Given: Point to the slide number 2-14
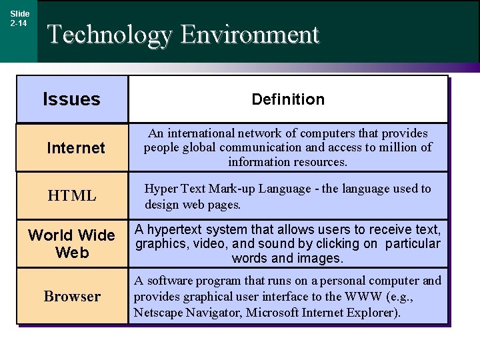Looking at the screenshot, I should pyautogui.click(x=19, y=23).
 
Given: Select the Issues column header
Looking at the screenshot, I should pyautogui.click(x=71, y=99).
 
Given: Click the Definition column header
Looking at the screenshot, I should pyautogui.click(x=288, y=99).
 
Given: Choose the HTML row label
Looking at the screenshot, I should pyautogui.click(x=72, y=196).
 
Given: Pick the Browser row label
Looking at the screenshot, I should pyautogui.click(x=72, y=296).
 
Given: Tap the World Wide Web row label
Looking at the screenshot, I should pyautogui.click(x=71, y=243).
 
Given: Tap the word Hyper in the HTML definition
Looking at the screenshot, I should pyautogui.click(x=161, y=189).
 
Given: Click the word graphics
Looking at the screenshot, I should pyautogui.click(x=160, y=243).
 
